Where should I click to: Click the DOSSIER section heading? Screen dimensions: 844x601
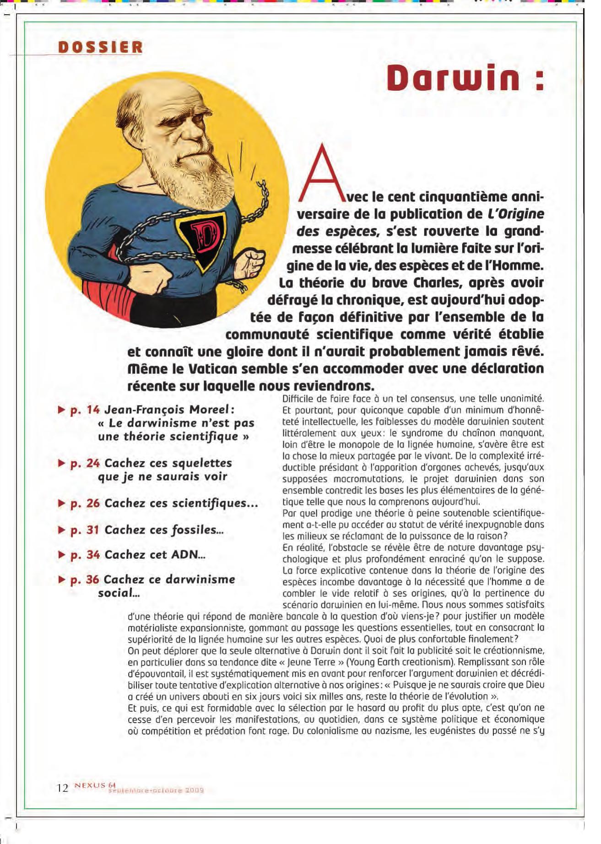point(100,47)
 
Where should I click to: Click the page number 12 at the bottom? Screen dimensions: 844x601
point(62,788)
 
